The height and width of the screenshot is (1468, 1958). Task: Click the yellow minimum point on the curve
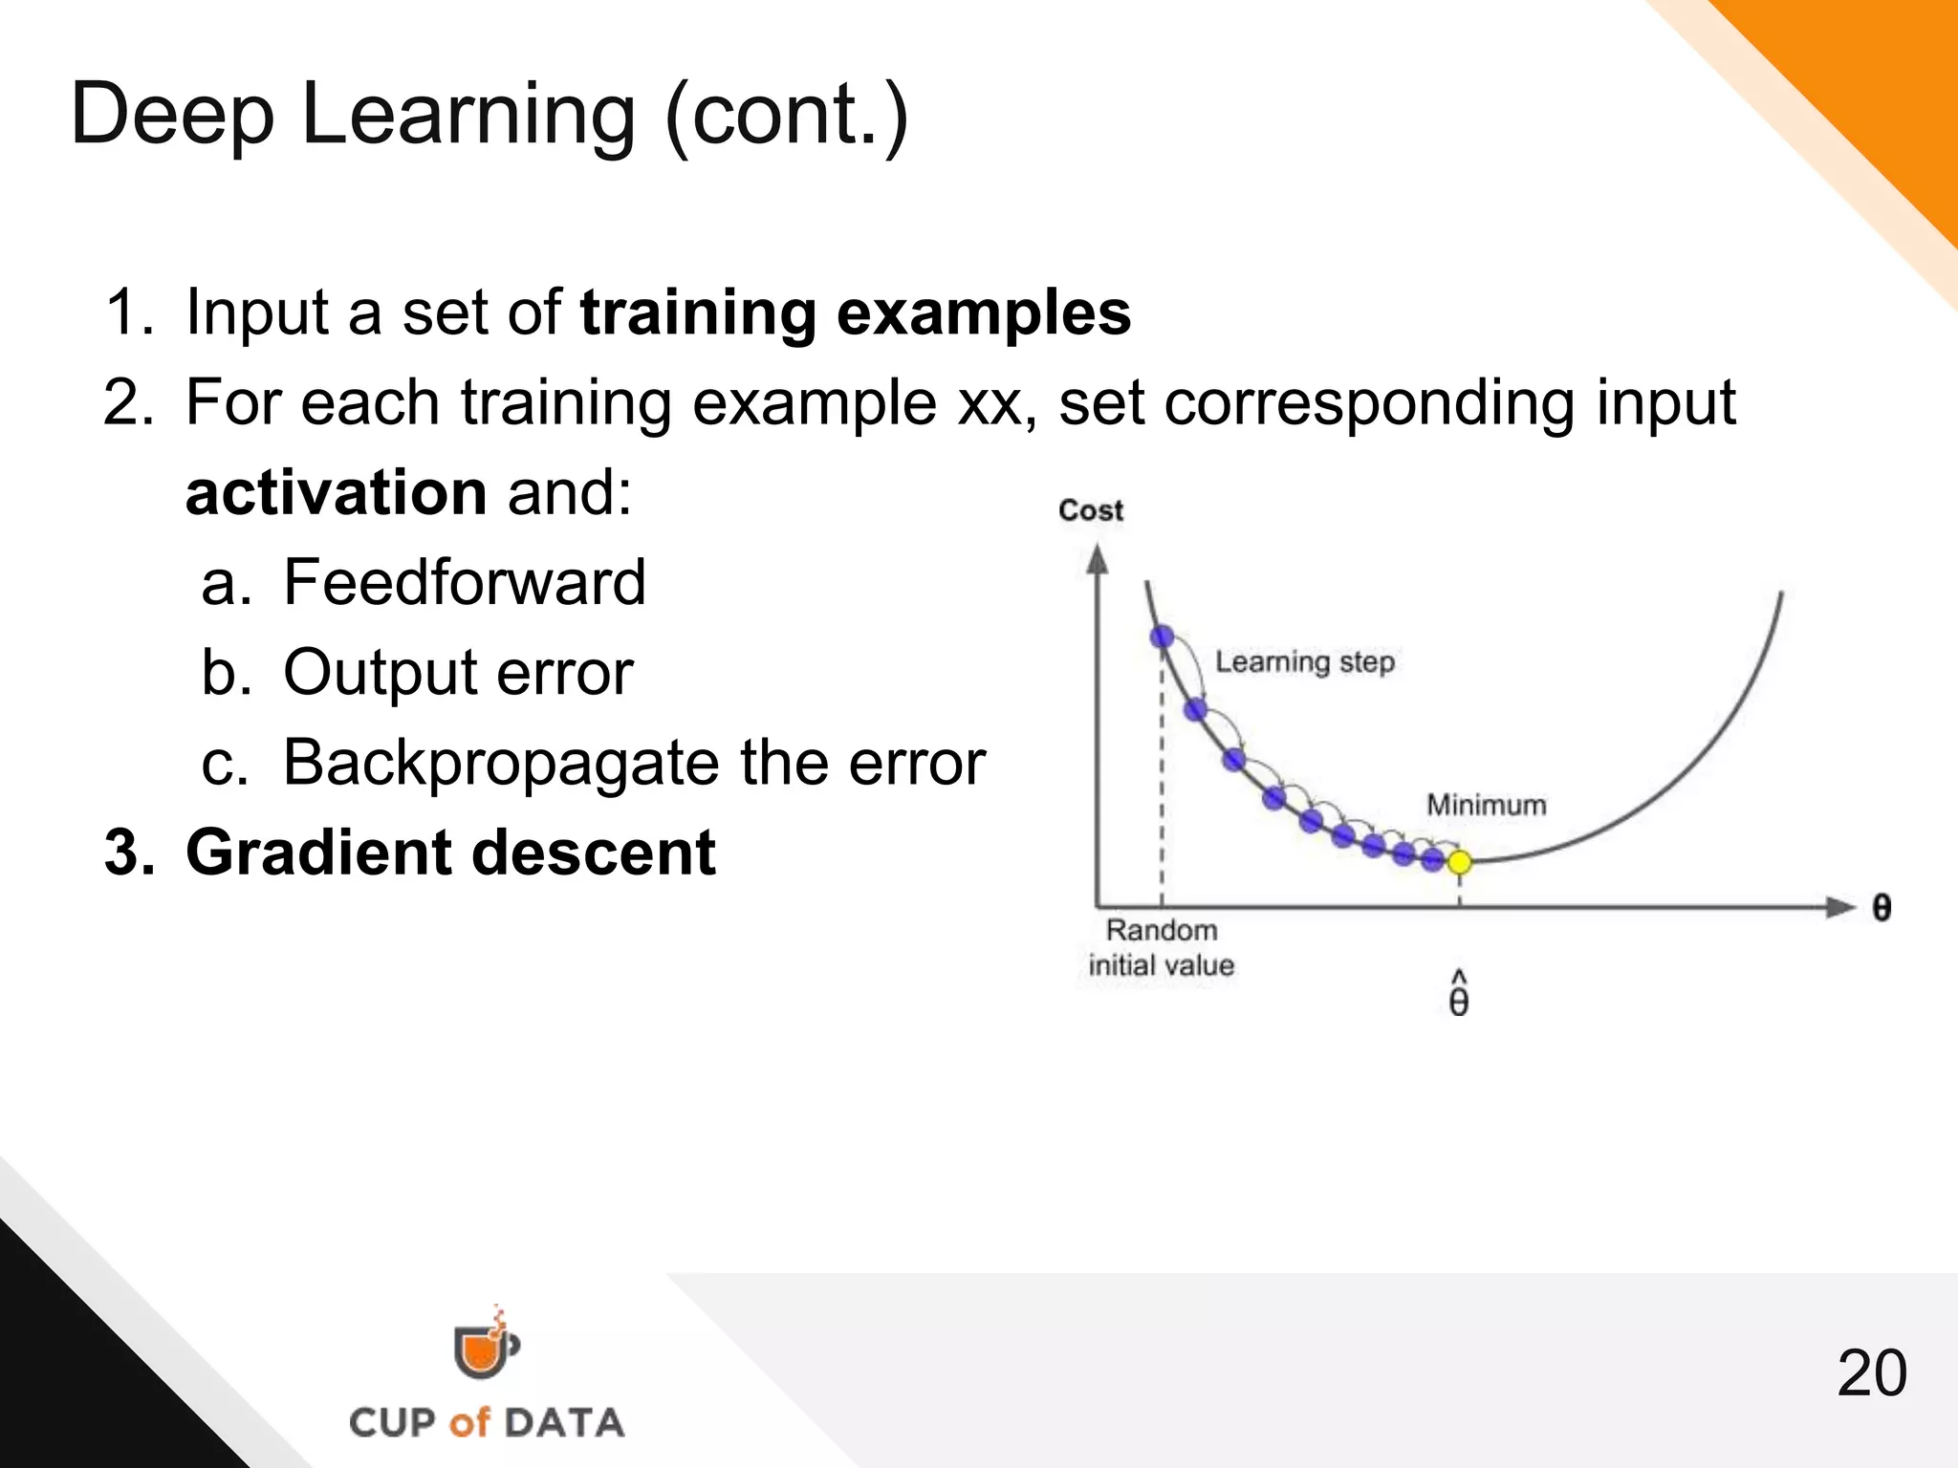[1459, 862]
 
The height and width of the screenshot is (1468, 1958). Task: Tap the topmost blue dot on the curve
[1162, 637]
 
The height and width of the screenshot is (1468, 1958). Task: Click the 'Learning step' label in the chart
[1304, 661]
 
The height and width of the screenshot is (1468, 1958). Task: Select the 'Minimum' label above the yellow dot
[1486, 805]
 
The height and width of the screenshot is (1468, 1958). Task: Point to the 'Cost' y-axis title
[1090, 510]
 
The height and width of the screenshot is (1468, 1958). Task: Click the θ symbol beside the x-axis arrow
[1881, 908]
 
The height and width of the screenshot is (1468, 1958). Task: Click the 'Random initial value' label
[1161, 948]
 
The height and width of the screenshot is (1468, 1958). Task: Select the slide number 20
[1871, 1374]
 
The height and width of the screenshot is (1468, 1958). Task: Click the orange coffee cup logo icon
[484, 1348]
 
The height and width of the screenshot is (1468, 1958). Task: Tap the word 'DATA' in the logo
[564, 1423]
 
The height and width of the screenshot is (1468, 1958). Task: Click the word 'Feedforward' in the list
[465, 582]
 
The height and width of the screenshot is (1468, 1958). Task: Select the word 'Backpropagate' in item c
[501, 763]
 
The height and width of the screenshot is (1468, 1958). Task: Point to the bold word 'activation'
[337, 492]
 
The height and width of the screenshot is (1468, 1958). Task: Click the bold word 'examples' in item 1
[984, 313]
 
